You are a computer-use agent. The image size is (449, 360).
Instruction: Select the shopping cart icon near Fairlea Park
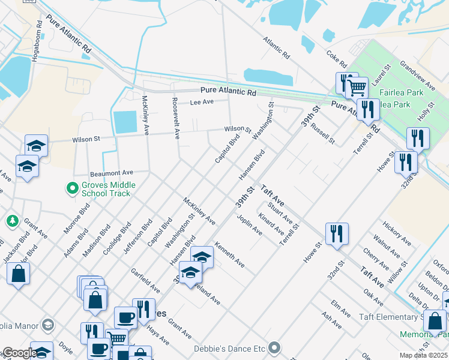click(x=358, y=88)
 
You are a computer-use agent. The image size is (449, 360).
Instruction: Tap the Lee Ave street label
click(x=202, y=103)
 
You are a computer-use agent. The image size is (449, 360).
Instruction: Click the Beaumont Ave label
click(x=111, y=173)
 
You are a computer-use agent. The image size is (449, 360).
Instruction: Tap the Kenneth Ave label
click(x=229, y=255)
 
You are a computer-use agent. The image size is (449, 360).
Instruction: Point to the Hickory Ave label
click(x=396, y=233)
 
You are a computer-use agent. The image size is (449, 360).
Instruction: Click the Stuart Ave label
click(x=280, y=214)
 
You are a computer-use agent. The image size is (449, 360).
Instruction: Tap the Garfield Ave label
click(x=146, y=278)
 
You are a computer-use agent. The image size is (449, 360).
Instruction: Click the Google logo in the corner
click(x=19, y=353)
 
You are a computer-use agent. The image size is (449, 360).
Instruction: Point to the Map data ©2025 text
click(x=423, y=355)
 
